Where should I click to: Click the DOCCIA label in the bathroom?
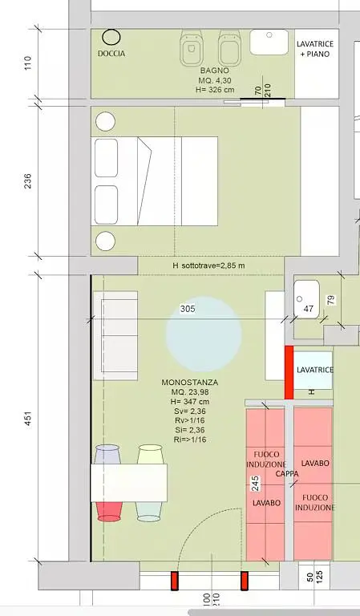(111, 54)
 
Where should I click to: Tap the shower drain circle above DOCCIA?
(111, 36)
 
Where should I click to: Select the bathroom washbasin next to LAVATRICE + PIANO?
(269, 41)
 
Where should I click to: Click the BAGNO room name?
(215, 71)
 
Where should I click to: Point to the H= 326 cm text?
(215, 90)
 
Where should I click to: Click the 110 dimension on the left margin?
(26, 64)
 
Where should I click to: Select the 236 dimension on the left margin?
(26, 182)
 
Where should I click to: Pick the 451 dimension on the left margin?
(26, 420)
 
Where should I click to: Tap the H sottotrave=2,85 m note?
(208, 265)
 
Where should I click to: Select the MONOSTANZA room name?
(189, 382)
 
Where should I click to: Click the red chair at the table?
(108, 511)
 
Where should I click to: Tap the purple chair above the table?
(107, 455)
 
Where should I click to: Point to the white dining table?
(128, 483)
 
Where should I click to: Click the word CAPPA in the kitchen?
(287, 474)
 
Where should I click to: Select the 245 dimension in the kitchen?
(255, 484)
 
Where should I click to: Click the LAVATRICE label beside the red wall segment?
(314, 370)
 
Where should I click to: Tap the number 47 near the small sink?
(309, 309)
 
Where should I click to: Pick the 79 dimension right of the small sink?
(330, 300)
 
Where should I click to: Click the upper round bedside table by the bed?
(105, 122)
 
